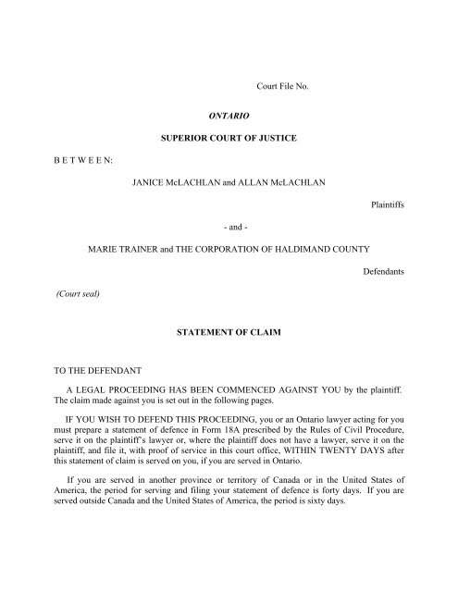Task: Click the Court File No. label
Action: coord(287,87)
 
